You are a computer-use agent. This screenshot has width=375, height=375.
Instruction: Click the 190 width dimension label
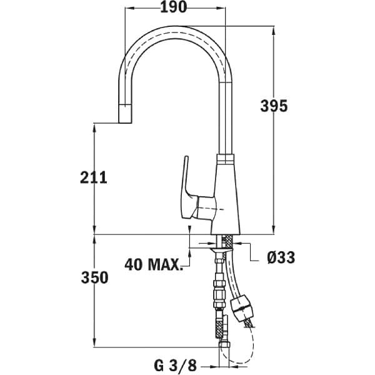(173, 7)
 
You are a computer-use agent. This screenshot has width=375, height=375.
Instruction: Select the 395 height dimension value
(274, 106)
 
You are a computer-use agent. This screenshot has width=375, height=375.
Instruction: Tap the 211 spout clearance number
(94, 177)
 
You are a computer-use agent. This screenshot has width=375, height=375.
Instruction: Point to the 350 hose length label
(95, 277)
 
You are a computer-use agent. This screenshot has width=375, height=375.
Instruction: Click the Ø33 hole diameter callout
(281, 257)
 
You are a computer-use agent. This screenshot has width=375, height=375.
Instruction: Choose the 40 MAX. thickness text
(153, 264)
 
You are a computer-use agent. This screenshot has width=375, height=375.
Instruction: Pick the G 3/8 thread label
(175, 366)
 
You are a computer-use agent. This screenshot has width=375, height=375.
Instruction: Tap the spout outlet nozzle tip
(125, 114)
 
